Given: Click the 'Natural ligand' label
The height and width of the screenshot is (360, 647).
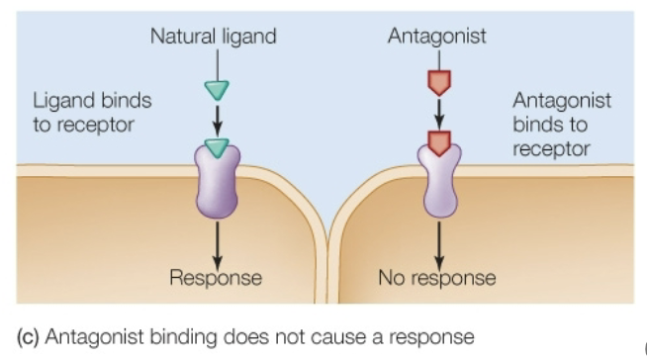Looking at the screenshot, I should [x=213, y=38].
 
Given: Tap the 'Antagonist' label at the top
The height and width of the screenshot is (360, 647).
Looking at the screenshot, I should [x=437, y=38].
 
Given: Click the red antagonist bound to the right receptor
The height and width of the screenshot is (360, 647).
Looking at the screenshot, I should [x=439, y=144].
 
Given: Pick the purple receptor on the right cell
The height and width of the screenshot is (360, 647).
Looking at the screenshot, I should [x=439, y=183].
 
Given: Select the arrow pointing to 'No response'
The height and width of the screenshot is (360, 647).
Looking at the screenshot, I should [x=439, y=242].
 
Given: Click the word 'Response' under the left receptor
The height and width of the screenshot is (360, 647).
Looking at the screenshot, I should [x=216, y=278].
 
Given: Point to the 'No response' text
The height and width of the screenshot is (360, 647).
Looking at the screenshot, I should [x=437, y=278].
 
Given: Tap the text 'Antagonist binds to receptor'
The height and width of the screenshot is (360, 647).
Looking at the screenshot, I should [x=561, y=125].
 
